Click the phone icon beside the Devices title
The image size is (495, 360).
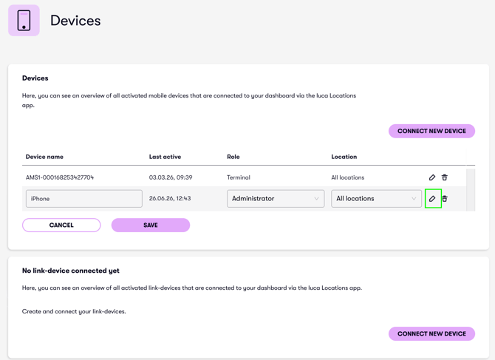24,21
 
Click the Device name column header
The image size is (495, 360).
44,157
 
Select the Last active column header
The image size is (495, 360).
165,157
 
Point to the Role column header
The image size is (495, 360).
233,157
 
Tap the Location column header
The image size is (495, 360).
344,157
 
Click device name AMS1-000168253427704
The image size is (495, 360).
60,177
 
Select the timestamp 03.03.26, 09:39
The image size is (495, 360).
171,177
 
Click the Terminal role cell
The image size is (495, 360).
239,177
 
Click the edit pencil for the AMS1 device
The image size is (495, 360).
432,177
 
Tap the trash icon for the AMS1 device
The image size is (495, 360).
445,177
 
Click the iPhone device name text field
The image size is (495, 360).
84,199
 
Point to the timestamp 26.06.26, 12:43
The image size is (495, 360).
170,199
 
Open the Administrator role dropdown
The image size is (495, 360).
276,199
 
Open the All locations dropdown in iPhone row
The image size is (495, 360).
376,199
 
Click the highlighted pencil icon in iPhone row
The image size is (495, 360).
432,199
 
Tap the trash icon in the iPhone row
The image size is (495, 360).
445,199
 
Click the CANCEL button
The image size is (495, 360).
61,225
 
